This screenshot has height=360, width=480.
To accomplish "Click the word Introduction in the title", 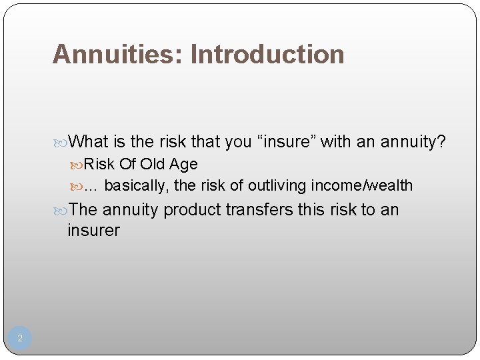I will click(x=267, y=55).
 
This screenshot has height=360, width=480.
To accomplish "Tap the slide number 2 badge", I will click(x=20, y=338).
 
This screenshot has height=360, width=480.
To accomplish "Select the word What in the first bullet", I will click(x=88, y=141).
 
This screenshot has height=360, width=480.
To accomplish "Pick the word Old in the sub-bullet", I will click(x=153, y=164).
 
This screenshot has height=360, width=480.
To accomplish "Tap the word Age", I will click(x=183, y=164).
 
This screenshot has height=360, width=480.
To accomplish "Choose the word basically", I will click(x=136, y=185).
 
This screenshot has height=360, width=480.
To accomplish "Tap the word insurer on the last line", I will click(x=93, y=231).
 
